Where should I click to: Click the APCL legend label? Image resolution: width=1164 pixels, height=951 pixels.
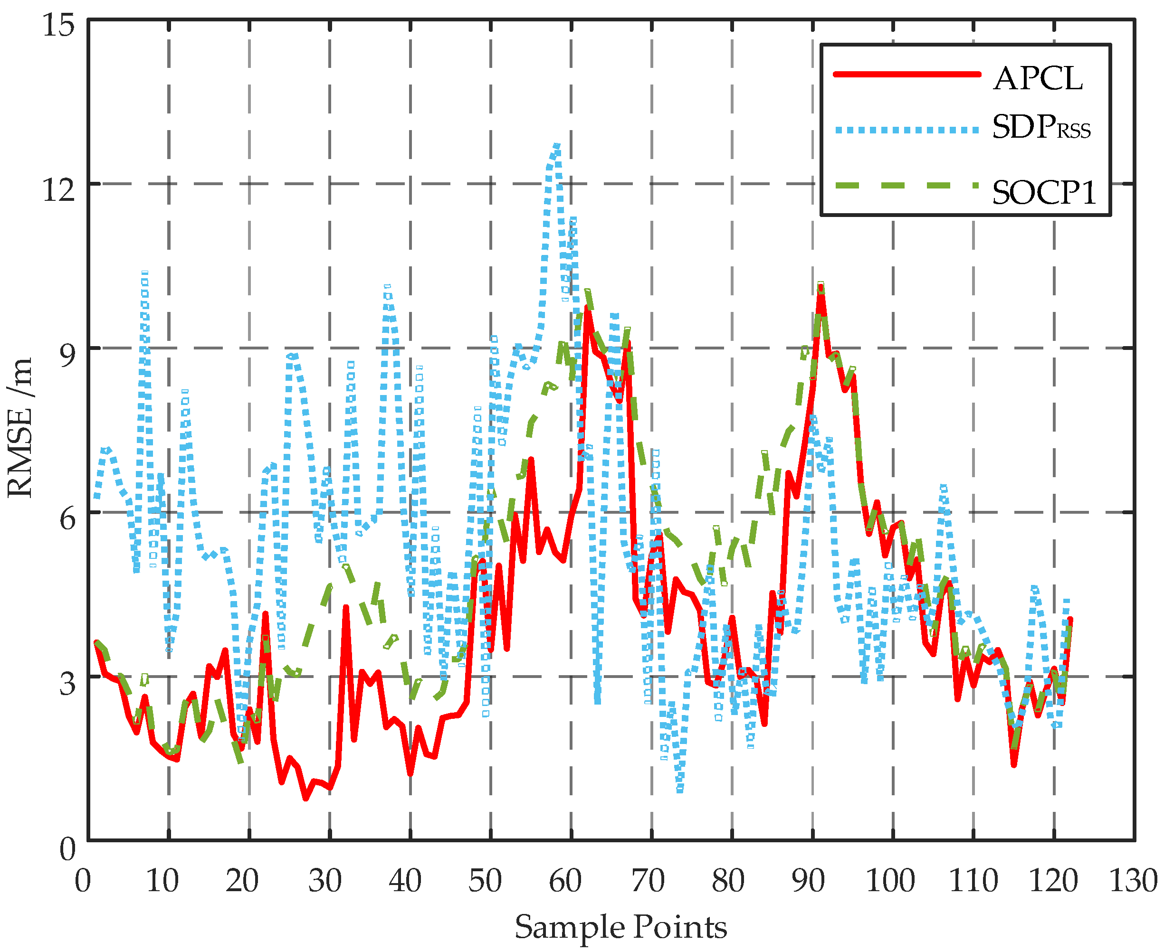click(x=1038, y=79)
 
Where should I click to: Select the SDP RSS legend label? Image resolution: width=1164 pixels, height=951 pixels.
click(x=1040, y=128)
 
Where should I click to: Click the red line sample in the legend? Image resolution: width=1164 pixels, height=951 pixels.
click(x=906, y=74)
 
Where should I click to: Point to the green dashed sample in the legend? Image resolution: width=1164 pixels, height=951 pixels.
click(x=906, y=185)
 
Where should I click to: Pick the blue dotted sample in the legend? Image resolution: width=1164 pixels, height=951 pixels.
click(x=906, y=130)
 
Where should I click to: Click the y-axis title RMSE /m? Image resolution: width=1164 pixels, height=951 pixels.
click(x=21, y=427)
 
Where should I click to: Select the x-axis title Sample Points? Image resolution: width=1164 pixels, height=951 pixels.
click(x=620, y=927)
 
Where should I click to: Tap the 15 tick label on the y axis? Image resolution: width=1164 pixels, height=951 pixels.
click(x=58, y=25)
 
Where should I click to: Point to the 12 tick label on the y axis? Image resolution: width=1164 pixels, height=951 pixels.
click(x=58, y=189)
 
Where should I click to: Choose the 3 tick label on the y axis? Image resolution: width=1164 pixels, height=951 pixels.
click(x=67, y=683)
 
